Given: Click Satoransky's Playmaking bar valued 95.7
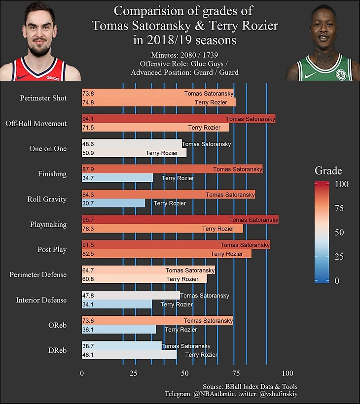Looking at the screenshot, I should [x=180, y=220].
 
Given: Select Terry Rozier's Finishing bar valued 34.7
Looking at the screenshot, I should [x=117, y=178].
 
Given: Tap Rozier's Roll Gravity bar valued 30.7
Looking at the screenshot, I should [x=113, y=203].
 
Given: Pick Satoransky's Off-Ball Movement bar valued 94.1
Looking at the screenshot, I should [x=179, y=119].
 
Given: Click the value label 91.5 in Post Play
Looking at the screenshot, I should [x=89, y=245].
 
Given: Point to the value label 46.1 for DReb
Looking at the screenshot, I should [x=89, y=354].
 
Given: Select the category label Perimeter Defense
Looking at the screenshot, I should [x=38, y=274].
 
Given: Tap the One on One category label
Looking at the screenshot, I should [x=48, y=148].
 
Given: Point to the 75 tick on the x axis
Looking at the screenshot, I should [x=236, y=373].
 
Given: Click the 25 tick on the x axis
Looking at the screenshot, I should [x=133, y=373].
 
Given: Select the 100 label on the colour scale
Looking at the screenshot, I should [x=342, y=184].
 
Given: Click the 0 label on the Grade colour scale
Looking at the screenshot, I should [x=337, y=281].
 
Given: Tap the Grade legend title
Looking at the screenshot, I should [x=328, y=170].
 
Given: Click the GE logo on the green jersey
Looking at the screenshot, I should [x=341, y=74].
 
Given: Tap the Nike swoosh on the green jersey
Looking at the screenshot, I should [x=310, y=75].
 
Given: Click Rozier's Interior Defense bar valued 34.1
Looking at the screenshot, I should [x=117, y=304].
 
